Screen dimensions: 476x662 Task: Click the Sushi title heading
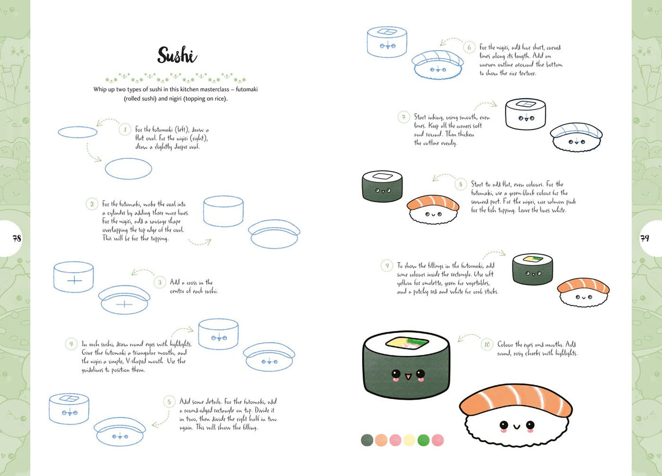click(x=177, y=55)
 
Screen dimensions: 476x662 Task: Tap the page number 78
click(x=16, y=238)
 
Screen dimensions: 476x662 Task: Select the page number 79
click(x=645, y=238)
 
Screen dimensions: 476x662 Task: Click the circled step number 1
click(x=125, y=130)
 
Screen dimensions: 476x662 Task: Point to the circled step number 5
click(x=170, y=401)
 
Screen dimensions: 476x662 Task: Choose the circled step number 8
click(x=461, y=184)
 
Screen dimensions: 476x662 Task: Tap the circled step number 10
click(x=487, y=345)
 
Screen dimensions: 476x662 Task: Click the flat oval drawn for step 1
click(x=77, y=132)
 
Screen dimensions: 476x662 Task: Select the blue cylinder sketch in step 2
click(x=223, y=212)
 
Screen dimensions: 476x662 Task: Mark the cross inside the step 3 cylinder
click(x=74, y=279)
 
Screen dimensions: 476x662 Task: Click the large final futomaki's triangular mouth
click(x=406, y=375)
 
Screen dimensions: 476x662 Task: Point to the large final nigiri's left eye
click(x=504, y=425)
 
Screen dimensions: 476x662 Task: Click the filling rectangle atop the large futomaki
click(x=406, y=344)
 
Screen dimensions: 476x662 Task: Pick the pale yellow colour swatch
click(x=409, y=440)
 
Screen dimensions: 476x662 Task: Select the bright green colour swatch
click(x=423, y=440)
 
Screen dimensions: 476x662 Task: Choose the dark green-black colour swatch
click(x=367, y=440)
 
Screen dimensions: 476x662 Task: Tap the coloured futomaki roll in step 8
click(x=382, y=187)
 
